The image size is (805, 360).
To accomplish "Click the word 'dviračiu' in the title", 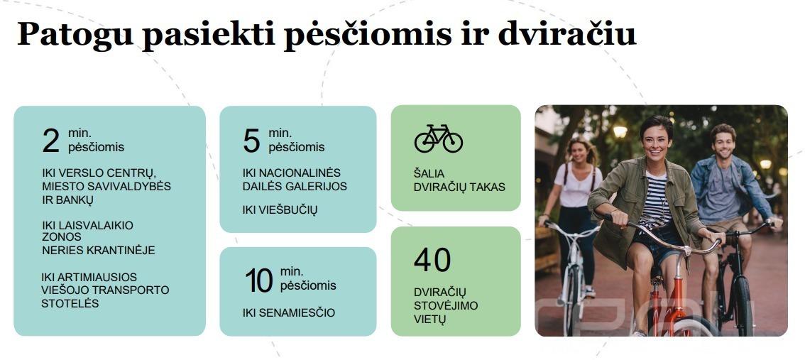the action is [x=566, y=34].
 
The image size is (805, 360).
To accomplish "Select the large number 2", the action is [x=51, y=141].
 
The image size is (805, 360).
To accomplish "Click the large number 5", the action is [x=251, y=141].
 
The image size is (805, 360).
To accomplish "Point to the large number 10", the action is [x=258, y=280].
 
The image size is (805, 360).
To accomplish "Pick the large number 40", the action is [x=432, y=261].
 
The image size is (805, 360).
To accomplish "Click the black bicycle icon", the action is [x=439, y=138].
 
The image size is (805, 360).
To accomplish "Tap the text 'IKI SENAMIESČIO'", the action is [x=288, y=312].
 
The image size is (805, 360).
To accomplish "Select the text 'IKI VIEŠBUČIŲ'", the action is [x=280, y=209].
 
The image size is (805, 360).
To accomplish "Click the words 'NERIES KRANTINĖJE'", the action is [x=99, y=250].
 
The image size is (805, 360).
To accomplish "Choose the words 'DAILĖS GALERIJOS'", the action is [x=295, y=186].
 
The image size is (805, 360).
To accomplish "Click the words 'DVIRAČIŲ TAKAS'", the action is [x=459, y=187].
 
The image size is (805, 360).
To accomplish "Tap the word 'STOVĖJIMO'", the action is [x=446, y=305].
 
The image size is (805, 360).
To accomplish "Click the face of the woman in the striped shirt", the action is [x=656, y=140].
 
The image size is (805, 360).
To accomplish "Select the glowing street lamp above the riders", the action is [x=620, y=131].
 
